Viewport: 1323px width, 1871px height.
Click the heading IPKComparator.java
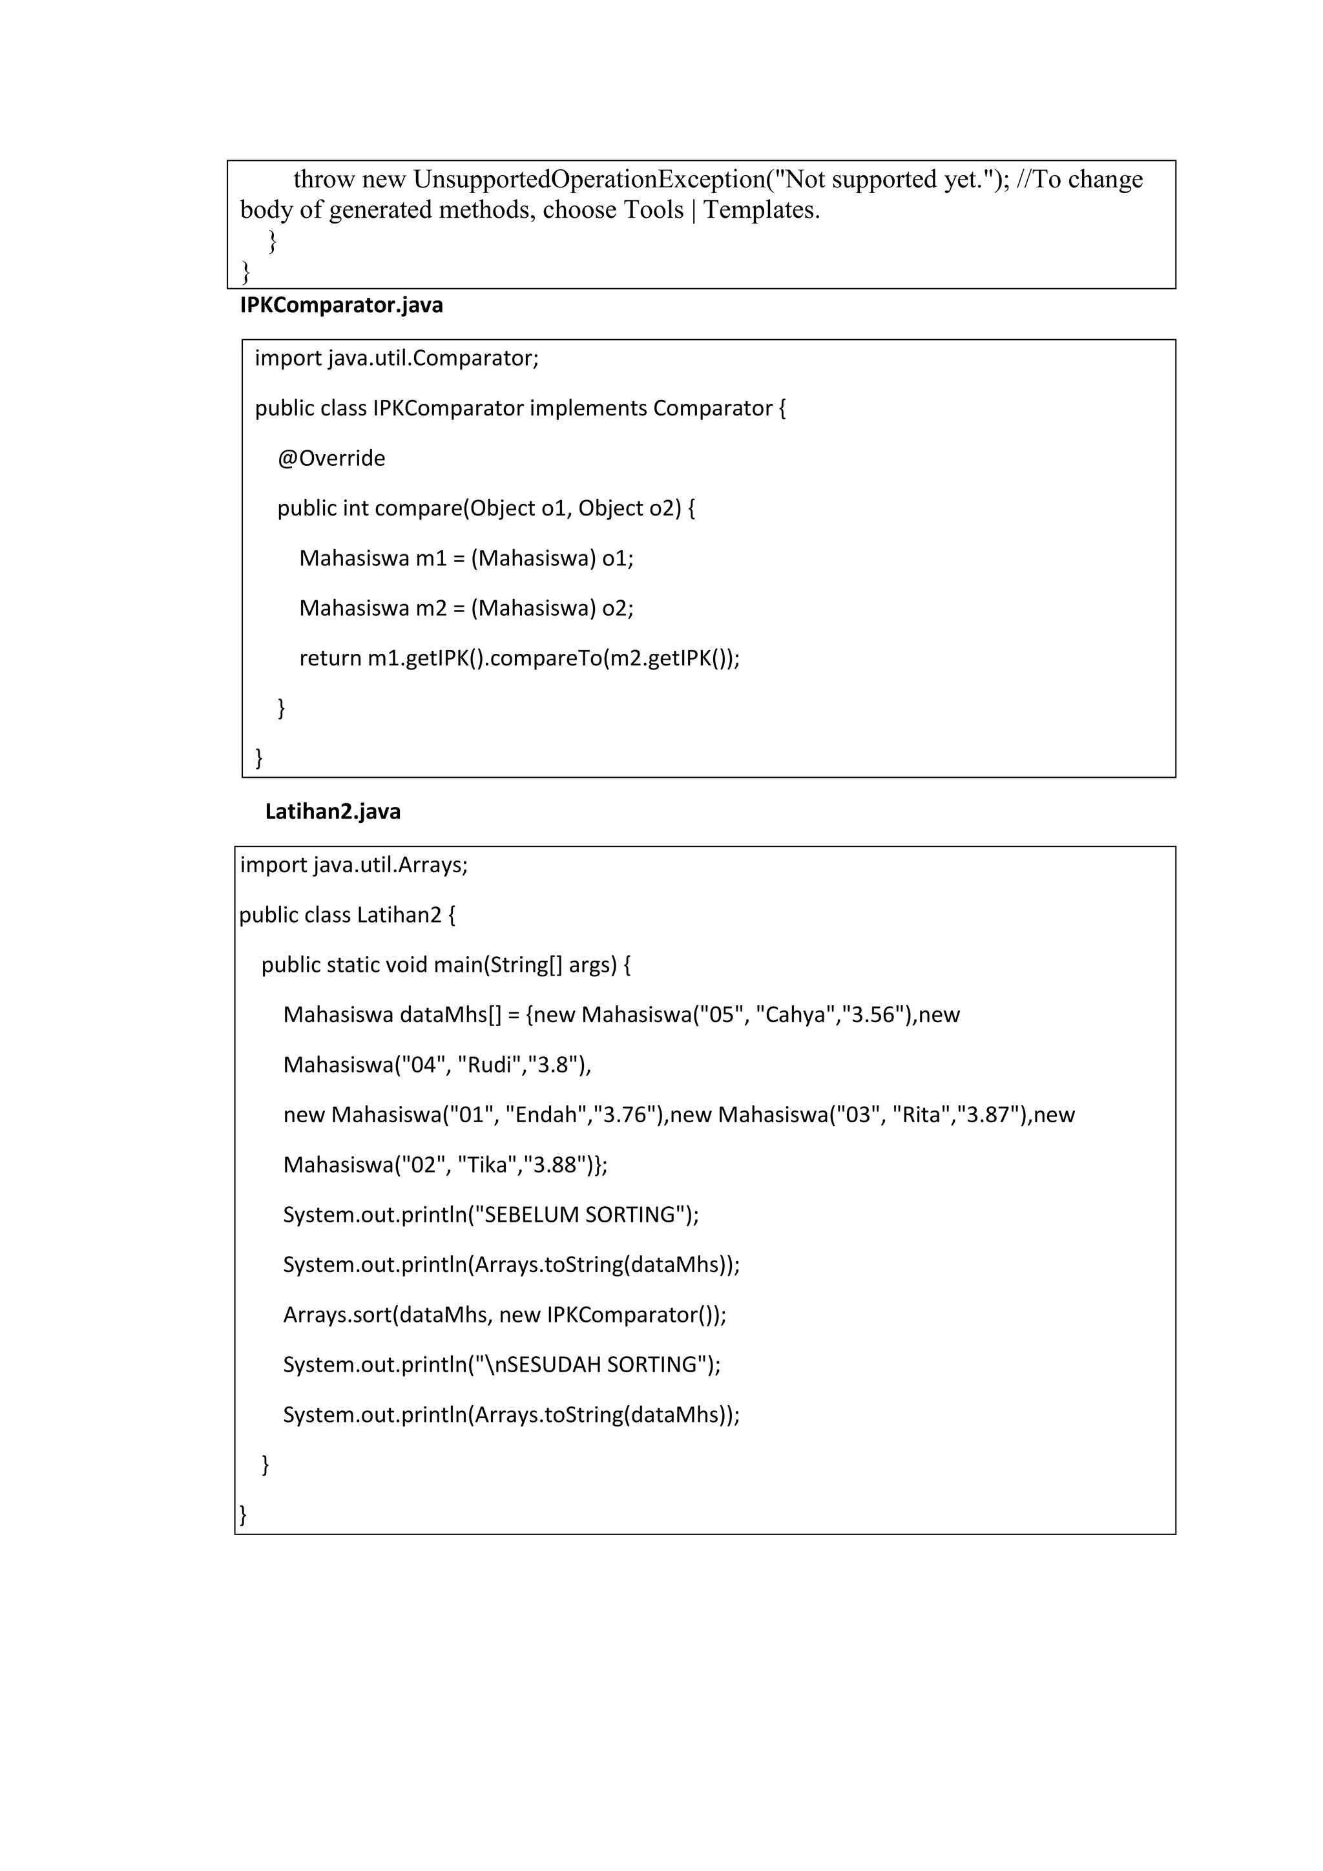(341, 306)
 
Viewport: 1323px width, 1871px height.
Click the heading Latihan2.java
(333, 811)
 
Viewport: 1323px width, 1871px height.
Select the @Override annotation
(331, 458)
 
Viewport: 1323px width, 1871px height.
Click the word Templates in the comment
(761, 210)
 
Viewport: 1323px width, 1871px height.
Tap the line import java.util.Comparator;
(397, 358)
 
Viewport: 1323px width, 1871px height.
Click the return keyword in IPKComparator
(330, 658)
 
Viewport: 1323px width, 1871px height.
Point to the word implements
(589, 408)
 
